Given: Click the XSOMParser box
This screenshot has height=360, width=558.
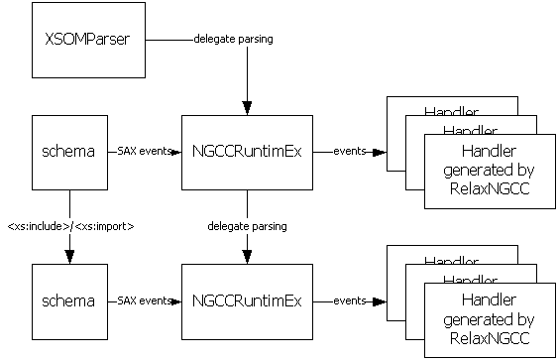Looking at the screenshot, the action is tap(88, 40).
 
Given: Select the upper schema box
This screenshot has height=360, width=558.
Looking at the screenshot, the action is tap(69, 153).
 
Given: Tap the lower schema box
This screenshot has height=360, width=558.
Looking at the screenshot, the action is tap(69, 301).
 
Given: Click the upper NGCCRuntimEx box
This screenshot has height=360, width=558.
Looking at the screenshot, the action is tap(248, 153).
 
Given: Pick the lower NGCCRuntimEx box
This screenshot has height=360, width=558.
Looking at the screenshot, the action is tap(248, 301).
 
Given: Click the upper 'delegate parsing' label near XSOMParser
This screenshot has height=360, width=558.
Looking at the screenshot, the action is tap(234, 39).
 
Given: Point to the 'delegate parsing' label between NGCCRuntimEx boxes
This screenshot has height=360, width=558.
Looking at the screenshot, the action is tap(248, 226).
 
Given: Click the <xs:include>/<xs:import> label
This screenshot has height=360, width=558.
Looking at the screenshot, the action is tap(70, 226).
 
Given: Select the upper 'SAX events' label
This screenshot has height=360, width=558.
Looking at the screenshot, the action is tap(145, 151).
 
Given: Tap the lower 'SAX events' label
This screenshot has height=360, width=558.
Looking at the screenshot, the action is tap(145, 300).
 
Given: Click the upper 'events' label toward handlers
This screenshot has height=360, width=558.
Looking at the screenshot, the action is tap(350, 151).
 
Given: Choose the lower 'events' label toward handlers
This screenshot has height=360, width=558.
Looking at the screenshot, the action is tap(350, 300).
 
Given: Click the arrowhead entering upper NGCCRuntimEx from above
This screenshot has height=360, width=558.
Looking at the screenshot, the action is tap(248, 108).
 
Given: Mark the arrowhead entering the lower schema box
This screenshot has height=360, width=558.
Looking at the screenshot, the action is tap(69, 257).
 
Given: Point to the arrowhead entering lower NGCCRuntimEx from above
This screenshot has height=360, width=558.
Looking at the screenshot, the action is tap(248, 257).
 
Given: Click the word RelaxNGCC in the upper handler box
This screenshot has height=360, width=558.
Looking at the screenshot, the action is tap(490, 188).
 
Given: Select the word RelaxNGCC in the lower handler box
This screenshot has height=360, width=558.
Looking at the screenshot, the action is tap(490, 338).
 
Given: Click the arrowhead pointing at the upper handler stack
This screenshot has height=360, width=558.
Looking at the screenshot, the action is tap(380, 153).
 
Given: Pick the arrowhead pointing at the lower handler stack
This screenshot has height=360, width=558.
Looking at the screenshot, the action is tap(380, 301).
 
